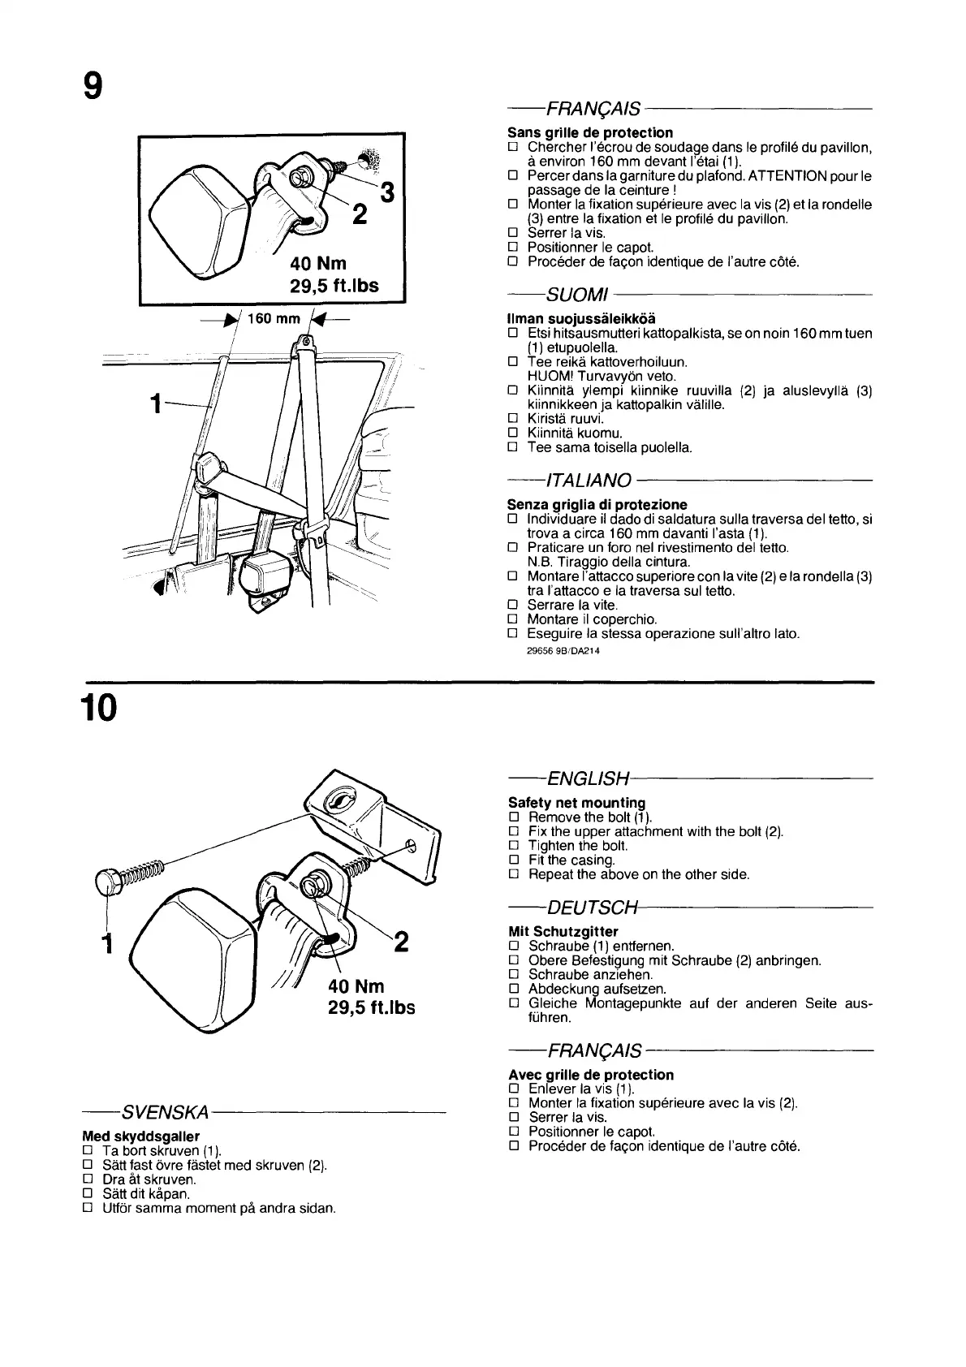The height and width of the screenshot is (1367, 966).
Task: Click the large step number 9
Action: tap(93, 85)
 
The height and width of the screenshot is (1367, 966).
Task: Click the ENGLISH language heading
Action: tap(589, 779)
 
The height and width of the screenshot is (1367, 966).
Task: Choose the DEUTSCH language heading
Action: tap(593, 907)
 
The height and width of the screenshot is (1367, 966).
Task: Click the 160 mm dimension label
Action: tap(274, 318)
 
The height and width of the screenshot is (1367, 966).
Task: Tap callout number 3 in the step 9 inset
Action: tap(387, 193)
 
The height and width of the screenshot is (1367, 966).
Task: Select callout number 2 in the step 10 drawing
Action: tap(401, 942)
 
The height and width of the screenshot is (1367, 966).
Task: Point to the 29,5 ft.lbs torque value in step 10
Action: tap(371, 1007)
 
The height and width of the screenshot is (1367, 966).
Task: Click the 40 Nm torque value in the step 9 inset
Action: tap(318, 264)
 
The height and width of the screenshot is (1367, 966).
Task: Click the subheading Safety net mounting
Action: tap(576, 803)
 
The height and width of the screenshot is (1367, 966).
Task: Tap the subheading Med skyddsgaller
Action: tap(140, 1136)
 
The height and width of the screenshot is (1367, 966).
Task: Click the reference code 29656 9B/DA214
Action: tap(563, 650)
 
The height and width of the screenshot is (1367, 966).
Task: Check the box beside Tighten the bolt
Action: tap(512, 846)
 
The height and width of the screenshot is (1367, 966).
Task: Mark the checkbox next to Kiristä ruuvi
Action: tap(512, 419)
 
